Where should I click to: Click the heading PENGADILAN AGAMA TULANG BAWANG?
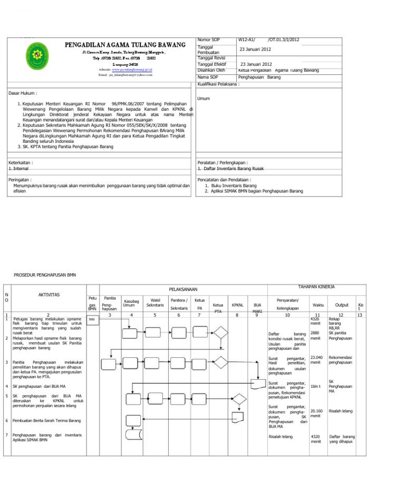point(124,45)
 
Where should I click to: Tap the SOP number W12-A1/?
point(246,40)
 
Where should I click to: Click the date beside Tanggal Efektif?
point(256,64)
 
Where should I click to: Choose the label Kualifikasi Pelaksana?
point(218,84)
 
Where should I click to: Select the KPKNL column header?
point(238,305)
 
